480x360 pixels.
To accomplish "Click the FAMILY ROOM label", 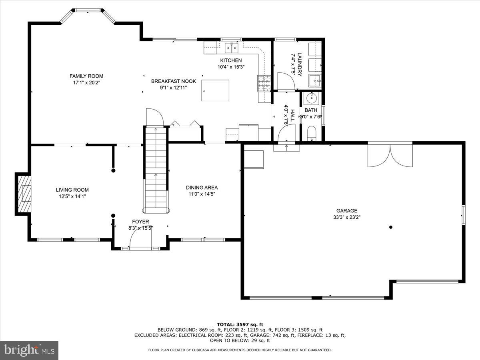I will pos(86,76).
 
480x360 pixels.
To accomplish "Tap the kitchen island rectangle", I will pos(215,90).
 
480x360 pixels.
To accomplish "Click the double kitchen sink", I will pos(231,48).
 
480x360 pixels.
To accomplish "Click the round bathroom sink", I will pos(311,98).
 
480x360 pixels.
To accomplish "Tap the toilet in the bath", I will pos(312,133).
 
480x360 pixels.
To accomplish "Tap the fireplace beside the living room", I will pos(24,194).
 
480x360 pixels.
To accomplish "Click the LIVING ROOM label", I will pos(72,190).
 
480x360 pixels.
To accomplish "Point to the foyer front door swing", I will pos(140,240).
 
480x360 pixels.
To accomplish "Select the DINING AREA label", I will pos(202,187).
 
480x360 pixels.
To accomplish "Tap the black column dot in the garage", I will pos(391,227).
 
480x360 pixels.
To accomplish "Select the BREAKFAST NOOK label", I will pos(173,81).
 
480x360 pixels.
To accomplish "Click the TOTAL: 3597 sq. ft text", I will pos(240,324).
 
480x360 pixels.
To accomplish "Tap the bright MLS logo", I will pos(29,350).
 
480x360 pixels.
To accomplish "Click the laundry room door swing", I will pos(286,81).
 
